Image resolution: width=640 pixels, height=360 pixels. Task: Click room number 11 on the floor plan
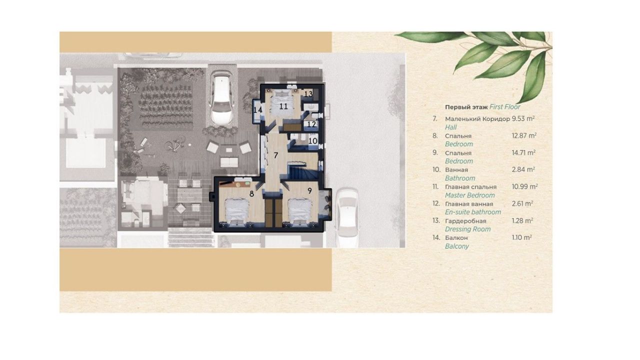(283, 106)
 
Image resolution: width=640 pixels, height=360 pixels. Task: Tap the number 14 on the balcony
(258, 110)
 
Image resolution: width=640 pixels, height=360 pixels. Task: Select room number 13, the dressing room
(308, 93)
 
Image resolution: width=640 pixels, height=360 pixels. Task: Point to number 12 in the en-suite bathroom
(311, 124)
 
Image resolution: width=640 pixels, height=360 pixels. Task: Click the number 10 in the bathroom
(312, 141)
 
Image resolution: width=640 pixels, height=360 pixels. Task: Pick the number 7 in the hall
(275, 154)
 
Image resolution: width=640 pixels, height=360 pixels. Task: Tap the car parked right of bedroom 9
(346, 215)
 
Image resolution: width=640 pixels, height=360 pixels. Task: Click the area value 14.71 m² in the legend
(524, 152)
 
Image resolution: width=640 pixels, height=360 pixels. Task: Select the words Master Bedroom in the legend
(469, 195)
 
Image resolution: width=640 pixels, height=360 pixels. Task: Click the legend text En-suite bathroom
(472, 212)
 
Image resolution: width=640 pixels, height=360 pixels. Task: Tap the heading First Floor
(505, 107)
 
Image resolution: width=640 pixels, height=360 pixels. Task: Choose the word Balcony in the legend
(456, 246)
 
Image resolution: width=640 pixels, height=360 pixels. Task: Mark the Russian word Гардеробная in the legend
(465, 220)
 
